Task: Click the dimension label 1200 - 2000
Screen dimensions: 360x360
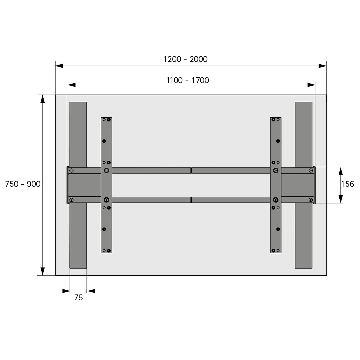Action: tap(185, 59)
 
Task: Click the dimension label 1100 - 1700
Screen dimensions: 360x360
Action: tap(188, 80)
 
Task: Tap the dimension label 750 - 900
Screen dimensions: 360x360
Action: tap(23, 184)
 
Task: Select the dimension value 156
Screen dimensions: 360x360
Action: tap(347, 184)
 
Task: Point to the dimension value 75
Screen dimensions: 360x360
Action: tap(79, 298)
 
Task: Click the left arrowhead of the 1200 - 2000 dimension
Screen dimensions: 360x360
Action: tap(59, 66)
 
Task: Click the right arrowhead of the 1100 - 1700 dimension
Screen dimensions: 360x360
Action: tap(311, 85)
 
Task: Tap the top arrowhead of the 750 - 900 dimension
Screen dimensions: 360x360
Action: tap(42, 99)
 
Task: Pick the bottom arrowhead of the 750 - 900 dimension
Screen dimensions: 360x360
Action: tap(42, 271)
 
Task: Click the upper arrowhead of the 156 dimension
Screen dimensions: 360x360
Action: tap(341, 171)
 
